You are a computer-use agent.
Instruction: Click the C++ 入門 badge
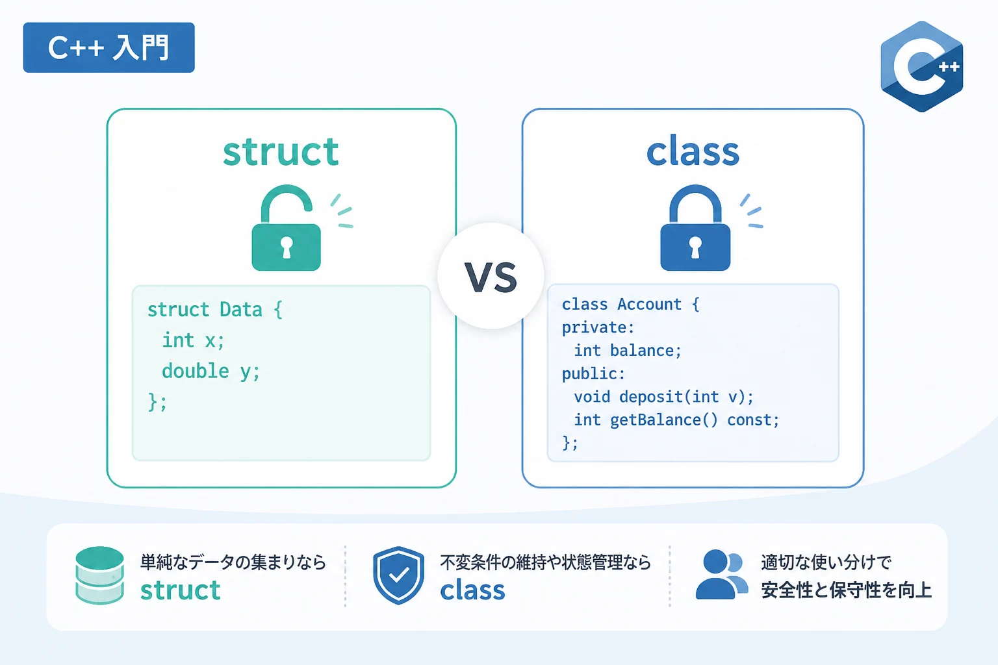click(x=109, y=47)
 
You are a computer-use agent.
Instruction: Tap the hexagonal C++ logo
click(x=922, y=66)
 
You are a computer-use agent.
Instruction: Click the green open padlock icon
click(x=286, y=228)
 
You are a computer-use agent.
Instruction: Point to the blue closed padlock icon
click(x=695, y=228)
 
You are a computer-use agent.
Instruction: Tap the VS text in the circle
click(x=491, y=277)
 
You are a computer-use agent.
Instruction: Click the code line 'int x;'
click(x=193, y=341)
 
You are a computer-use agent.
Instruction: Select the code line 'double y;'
click(x=211, y=371)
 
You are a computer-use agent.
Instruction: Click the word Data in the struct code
click(x=240, y=310)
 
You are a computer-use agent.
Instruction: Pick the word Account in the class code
click(x=650, y=304)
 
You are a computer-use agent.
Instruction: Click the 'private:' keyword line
click(x=598, y=328)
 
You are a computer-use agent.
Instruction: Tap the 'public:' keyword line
click(x=593, y=374)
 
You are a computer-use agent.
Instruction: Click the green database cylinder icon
click(x=99, y=575)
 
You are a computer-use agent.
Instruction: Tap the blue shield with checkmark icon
click(x=398, y=575)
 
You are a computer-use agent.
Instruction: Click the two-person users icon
click(x=722, y=575)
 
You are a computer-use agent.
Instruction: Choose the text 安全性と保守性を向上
click(x=846, y=590)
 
